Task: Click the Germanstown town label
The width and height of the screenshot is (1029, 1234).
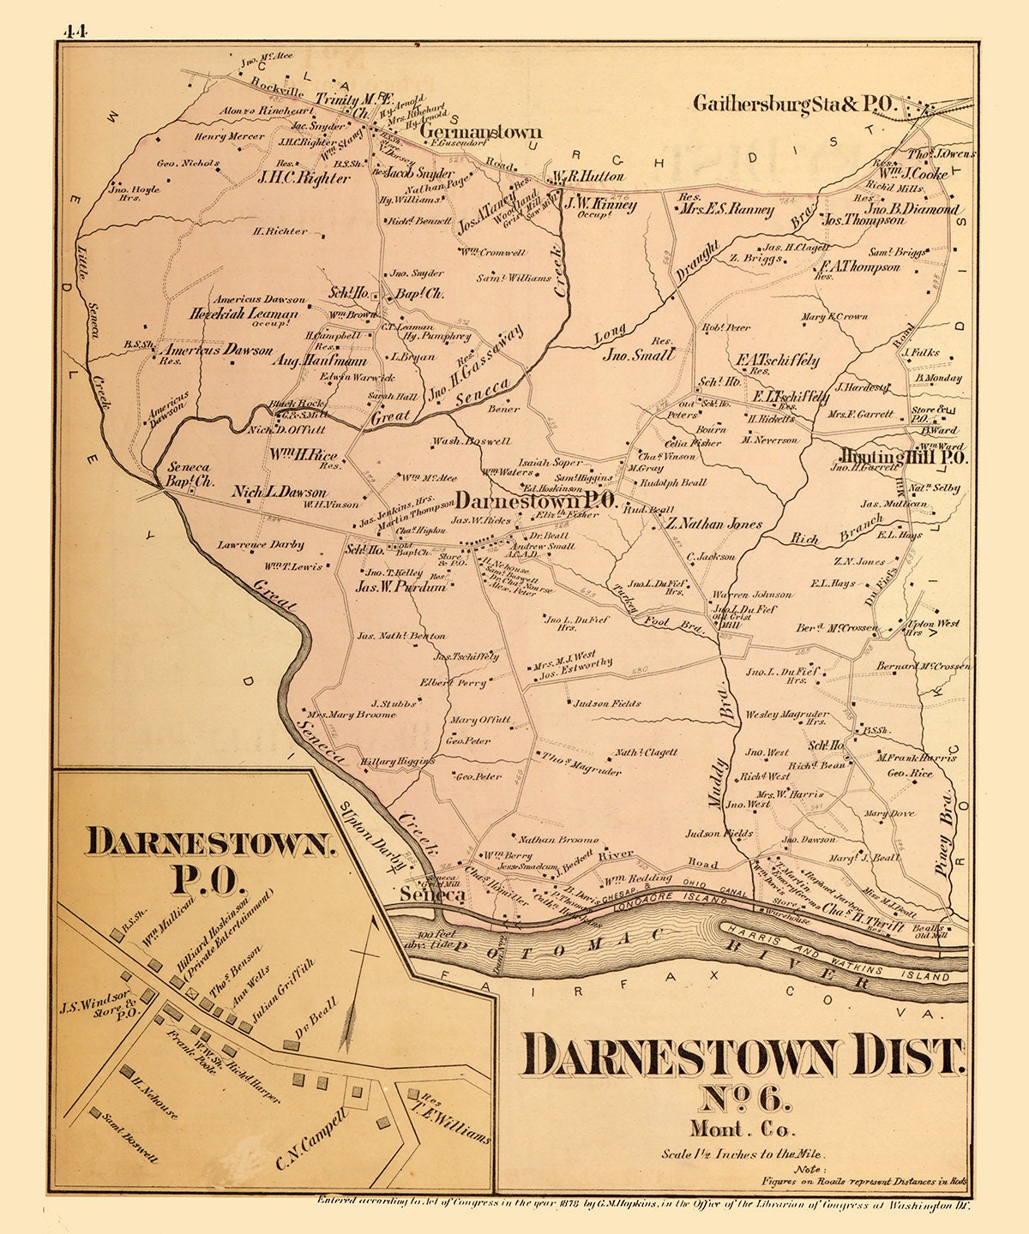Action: click(481, 133)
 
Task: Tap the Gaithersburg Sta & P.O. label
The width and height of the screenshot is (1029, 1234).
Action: click(794, 105)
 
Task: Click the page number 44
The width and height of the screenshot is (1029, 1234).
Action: click(75, 32)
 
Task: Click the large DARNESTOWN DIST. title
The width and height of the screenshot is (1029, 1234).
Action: click(743, 1056)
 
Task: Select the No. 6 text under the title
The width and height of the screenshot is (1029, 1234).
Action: click(738, 1101)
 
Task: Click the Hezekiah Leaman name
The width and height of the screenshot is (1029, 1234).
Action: click(244, 314)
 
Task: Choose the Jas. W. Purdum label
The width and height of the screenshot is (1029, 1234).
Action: click(401, 587)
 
